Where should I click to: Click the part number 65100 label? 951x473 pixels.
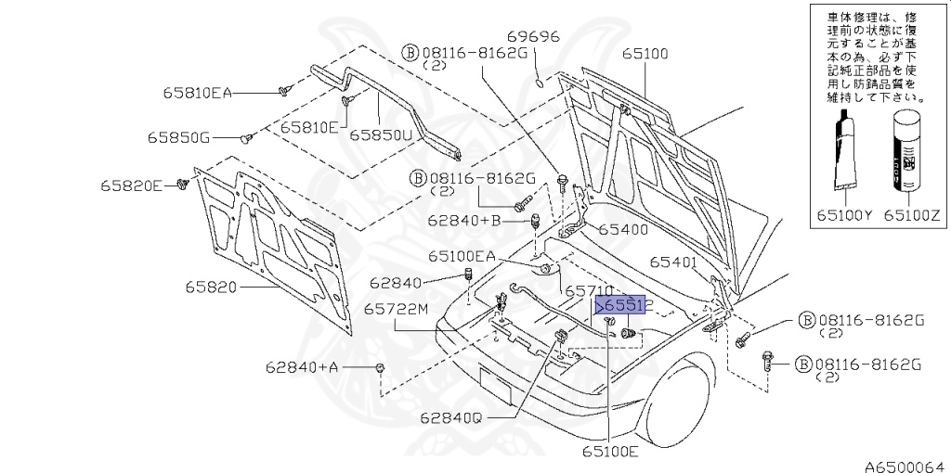click(x=645, y=54)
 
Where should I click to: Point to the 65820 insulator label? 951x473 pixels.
click(x=213, y=288)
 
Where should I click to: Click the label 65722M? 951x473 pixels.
click(x=397, y=309)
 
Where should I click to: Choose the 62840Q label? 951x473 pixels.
click(x=450, y=418)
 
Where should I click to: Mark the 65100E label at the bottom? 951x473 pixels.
click(x=610, y=452)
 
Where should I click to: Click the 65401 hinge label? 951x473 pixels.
click(x=673, y=262)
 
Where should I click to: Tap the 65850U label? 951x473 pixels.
click(x=381, y=134)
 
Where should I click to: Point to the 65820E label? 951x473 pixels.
click(x=132, y=185)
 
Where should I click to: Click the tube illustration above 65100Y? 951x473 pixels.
click(x=844, y=148)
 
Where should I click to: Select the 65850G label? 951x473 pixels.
click(x=178, y=137)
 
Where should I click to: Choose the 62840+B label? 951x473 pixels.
click(x=464, y=220)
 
